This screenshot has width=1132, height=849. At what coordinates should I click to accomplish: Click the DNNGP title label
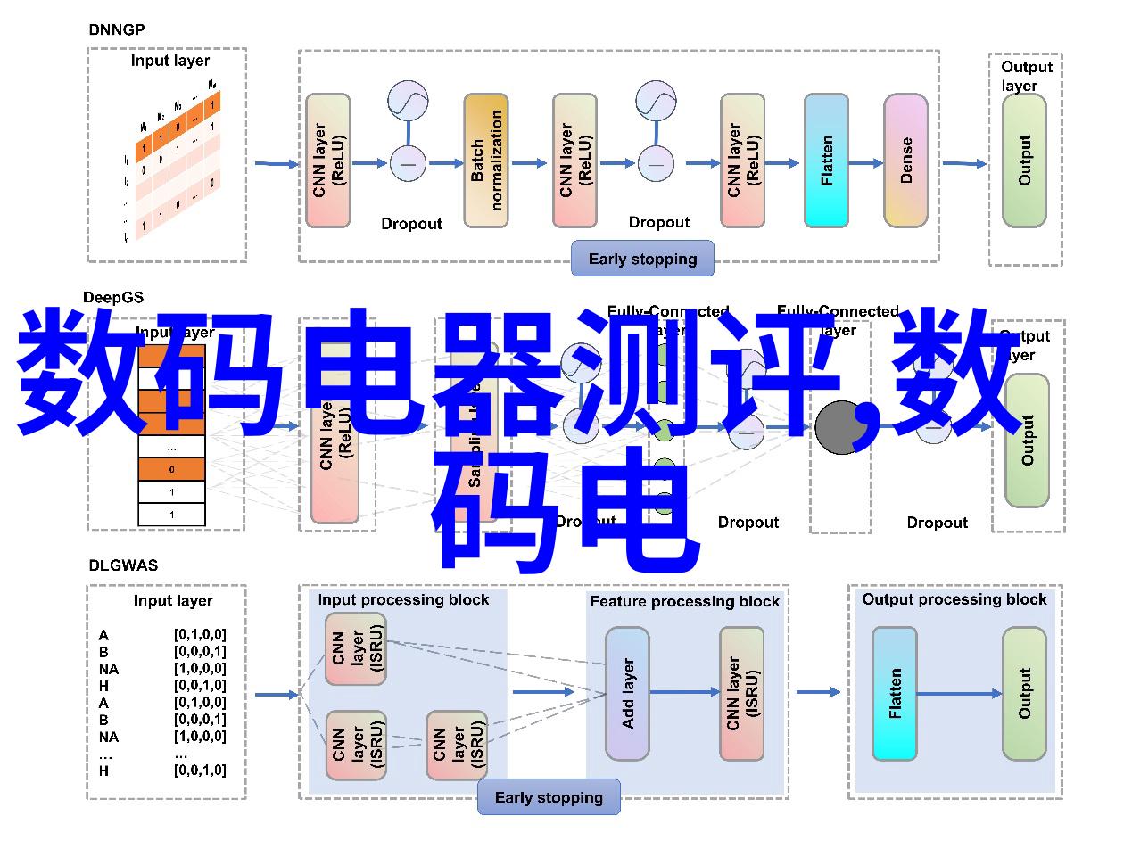[x=117, y=29]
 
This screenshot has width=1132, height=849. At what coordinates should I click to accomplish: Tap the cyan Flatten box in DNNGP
[x=827, y=161]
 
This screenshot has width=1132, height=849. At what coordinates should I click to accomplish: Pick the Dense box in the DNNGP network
[x=905, y=161]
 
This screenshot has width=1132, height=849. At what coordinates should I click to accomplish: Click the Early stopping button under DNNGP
[x=642, y=259]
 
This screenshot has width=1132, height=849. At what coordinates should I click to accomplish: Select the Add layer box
[x=627, y=694]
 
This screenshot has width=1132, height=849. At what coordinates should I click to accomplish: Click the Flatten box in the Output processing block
[x=894, y=694]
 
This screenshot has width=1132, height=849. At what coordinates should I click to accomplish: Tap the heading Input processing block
[x=403, y=600]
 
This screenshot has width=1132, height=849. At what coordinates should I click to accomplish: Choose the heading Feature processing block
[x=684, y=602]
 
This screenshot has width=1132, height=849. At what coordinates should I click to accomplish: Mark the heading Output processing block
[x=954, y=599]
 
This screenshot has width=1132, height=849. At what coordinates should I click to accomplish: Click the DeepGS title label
[x=113, y=297]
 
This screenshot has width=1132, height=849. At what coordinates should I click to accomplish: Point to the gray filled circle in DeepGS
[x=839, y=427]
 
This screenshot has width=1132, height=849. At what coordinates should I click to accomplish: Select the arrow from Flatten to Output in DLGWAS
[x=959, y=693]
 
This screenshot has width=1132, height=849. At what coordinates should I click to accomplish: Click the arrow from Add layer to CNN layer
[x=684, y=692]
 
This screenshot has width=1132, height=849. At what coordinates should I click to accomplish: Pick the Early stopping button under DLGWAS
[x=549, y=797]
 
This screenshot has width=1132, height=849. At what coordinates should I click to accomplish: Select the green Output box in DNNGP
[x=1024, y=161]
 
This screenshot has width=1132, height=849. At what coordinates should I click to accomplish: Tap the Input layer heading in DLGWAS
[x=173, y=600]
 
